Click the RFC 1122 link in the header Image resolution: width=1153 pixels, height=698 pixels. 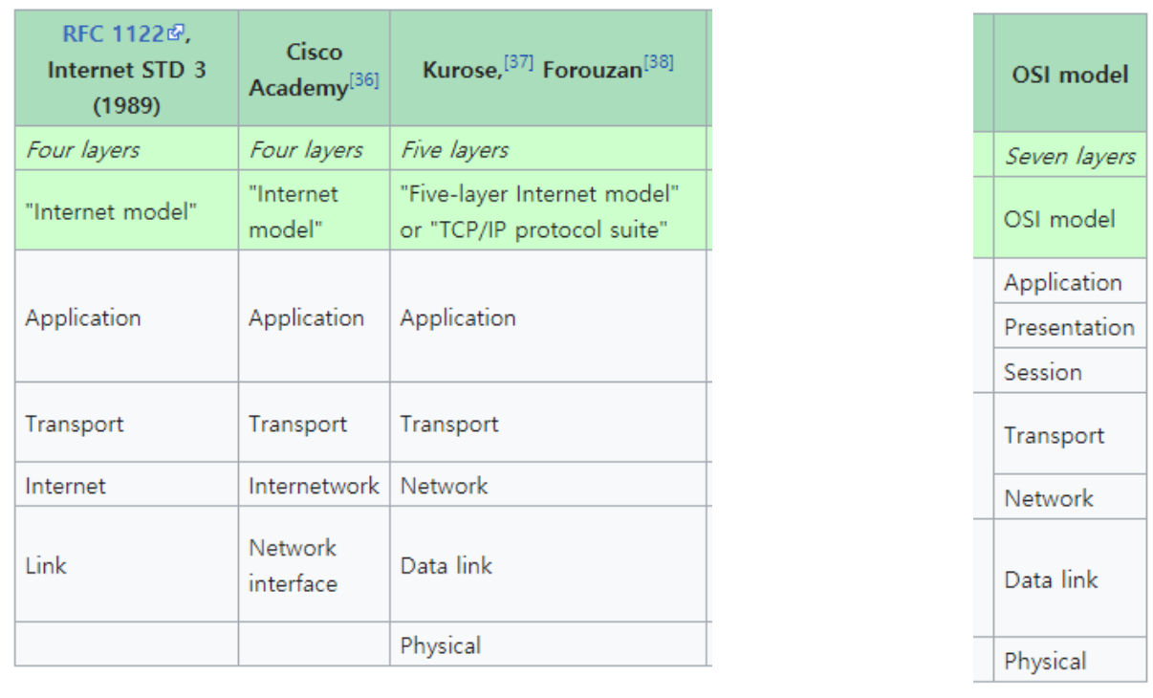(x=113, y=34)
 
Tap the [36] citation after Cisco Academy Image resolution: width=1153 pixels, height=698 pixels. (x=363, y=80)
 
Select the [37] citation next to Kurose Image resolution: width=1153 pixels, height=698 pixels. (x=519, y=62)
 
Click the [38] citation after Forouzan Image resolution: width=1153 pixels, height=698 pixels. (x=658, y=62)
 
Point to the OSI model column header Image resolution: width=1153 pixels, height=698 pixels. (x=1070, y=75)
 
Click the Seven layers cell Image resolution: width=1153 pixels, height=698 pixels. (x=1070, y=156)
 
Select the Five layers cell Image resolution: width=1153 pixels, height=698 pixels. (x=454, y=150)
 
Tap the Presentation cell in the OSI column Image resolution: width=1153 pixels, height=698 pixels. (x=1069, y=327)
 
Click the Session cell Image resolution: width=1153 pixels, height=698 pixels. (x=1043, y=372)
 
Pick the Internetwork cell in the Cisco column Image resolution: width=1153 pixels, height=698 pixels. (x=314, y=486)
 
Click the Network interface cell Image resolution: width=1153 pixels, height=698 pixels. (x=293, y=565)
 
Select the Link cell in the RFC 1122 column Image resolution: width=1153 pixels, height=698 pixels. (x=46, y=565)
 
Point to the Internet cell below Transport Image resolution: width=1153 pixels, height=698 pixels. (x=65, y=486)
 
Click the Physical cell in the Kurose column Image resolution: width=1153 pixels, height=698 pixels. (x=441, y=645)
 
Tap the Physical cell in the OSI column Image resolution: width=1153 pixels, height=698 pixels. (x=1045, y=662)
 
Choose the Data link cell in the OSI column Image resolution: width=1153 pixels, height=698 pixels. (x=1051, y=579)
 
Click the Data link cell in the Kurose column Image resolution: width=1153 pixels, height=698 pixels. (x=446, y=565)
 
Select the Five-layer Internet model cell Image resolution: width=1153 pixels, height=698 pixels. (x=539, y=212)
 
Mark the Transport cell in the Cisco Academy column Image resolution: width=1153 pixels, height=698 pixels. (x=297, y=425)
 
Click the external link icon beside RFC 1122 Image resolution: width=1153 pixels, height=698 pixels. (x=175, y=33)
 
